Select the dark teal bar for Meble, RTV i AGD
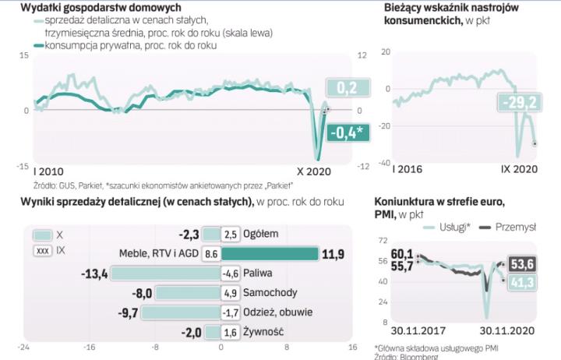point(270,253)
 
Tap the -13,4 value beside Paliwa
point(94,274)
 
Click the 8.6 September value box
point(210,253)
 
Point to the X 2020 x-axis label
point(313,171)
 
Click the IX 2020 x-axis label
point(517,168)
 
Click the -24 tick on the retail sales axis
point(25,348)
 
